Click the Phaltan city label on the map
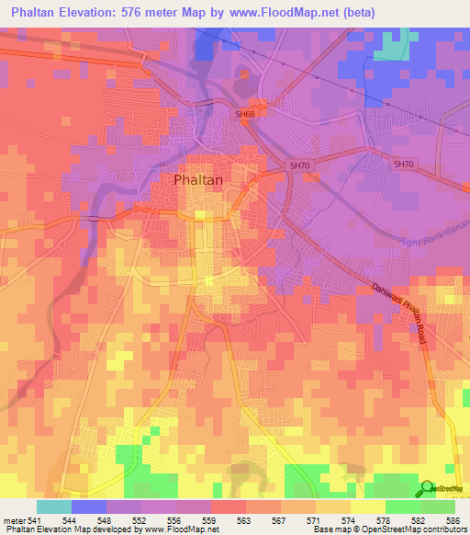pyautogui.click(x=197, y=180)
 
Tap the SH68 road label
pyautogui.click(x=244, y=114)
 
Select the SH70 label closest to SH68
pyautogui.click(x=300, y=165)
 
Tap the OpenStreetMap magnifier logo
pyautogui.click(x=428, y=490)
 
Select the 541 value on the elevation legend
pyautogui.click(x=33, y=519)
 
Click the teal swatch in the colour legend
pyautogui.click(x=53, y=507)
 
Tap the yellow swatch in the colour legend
pyautogui.click(x=367, y=507)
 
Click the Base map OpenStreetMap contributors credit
pyautogui.click(x=388, y=529)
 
